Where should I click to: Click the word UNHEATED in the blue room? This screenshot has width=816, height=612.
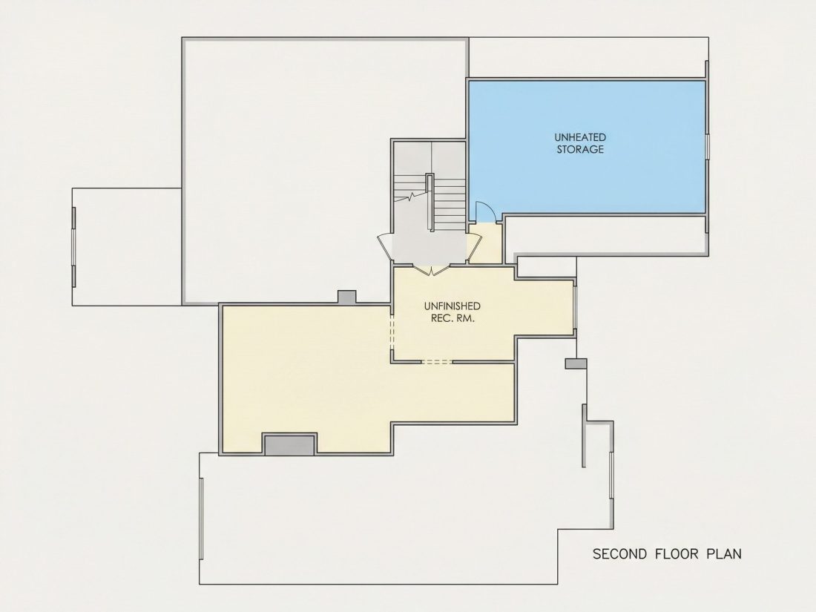580,137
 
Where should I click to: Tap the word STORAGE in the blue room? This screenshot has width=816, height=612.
580,149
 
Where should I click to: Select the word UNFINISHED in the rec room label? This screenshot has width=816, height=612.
453,306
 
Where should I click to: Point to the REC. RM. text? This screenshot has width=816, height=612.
453,318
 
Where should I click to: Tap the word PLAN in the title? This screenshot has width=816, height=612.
724,553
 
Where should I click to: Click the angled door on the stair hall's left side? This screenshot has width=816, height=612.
385,246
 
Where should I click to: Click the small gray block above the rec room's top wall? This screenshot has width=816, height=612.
347,297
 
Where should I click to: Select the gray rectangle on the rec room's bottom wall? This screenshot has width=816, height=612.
289,444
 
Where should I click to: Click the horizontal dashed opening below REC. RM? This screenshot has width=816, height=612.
437,361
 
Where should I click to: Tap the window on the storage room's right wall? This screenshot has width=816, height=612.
708,146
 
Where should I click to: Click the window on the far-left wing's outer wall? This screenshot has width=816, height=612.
74,247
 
